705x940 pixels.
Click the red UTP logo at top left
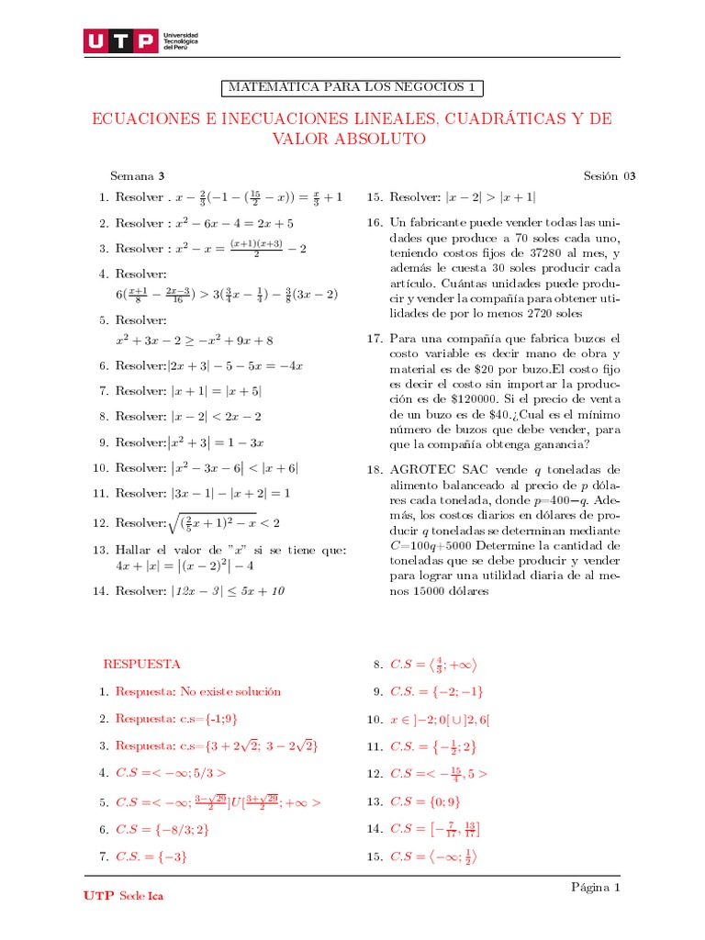pos(119,41)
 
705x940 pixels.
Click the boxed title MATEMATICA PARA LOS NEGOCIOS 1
pos(352,88)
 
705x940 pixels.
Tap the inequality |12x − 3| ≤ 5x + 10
pos(226,591)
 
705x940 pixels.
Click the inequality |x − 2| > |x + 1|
pos(491,197)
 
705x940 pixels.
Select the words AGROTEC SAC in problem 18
pos(436,469)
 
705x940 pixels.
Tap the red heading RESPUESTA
pos(141,664)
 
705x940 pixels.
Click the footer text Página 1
pos(596,888)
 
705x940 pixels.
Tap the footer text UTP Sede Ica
pos(123,895)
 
